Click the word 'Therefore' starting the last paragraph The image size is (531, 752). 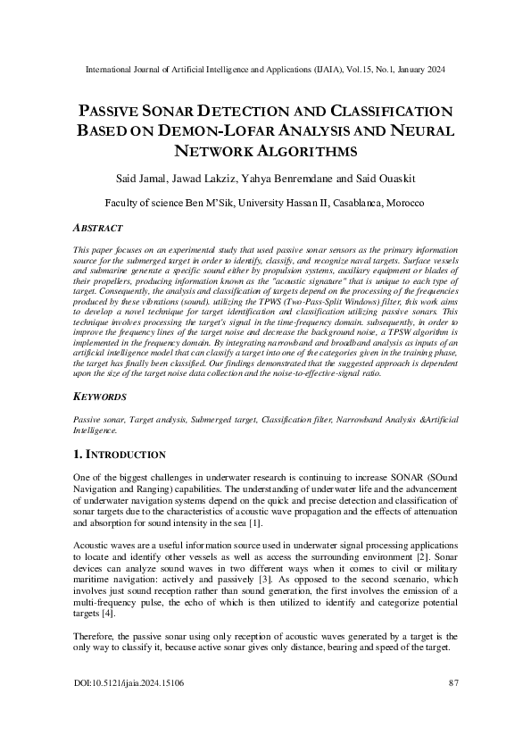[x=93, y=635]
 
